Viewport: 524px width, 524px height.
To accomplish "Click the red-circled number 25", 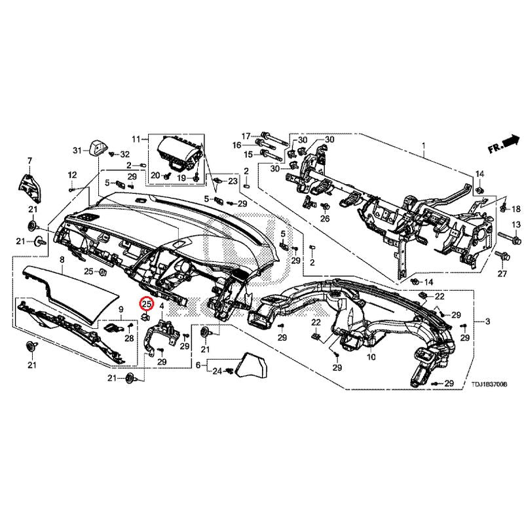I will [x=147, y=304].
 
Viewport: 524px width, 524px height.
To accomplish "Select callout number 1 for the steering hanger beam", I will [x=423, y=145].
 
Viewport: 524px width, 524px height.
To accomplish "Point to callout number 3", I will [x=487, y=322].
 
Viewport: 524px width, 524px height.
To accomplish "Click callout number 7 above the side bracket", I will [x=29, y=160].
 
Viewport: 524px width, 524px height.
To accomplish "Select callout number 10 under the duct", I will [x=371, y=358].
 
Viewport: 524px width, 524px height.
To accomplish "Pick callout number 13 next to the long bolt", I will [x=514, y=225].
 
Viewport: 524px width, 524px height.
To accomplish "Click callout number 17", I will [x=246, y=136].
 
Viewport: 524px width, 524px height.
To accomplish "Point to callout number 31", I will [x=77, y=151].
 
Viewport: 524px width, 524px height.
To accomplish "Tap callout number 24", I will [x=217, y=371].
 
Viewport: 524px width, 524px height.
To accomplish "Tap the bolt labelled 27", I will [x=503, y=255].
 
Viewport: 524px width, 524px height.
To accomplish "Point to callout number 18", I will [x=515, y=209].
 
